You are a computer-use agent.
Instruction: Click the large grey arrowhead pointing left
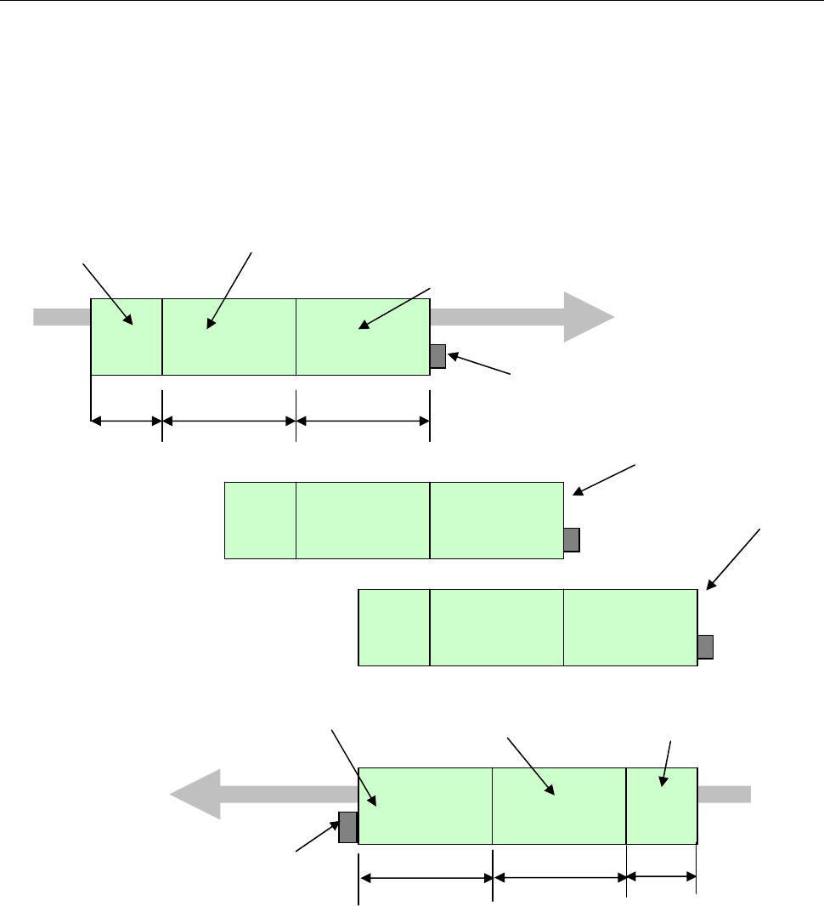tap(195, 795)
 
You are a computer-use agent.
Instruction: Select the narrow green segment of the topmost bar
tap(126, 336)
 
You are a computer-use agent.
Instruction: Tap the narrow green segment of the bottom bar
tap(661, 805)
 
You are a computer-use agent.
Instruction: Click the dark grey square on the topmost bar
tap(437, 356)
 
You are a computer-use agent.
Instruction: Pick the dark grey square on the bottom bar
tap(347, 827)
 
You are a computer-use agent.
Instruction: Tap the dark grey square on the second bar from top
tap(572, 540)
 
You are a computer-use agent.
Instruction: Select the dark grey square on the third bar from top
tap(705, 647)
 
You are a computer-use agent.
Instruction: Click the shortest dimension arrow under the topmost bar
tap(126, 420)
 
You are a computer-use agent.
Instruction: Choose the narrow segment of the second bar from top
tap(260, 520)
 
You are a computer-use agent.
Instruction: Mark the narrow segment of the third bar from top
tap(394, 626)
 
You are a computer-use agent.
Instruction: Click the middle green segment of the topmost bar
tap(229, 336)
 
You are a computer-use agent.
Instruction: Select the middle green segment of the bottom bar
tap(559, 805)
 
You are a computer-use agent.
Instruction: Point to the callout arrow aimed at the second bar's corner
tap(605, 478)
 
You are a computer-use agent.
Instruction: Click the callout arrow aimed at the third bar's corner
tap(734, 558)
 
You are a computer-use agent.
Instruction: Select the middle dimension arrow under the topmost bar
tap(229, 420)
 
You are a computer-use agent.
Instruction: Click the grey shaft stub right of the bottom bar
tap(724, 794)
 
